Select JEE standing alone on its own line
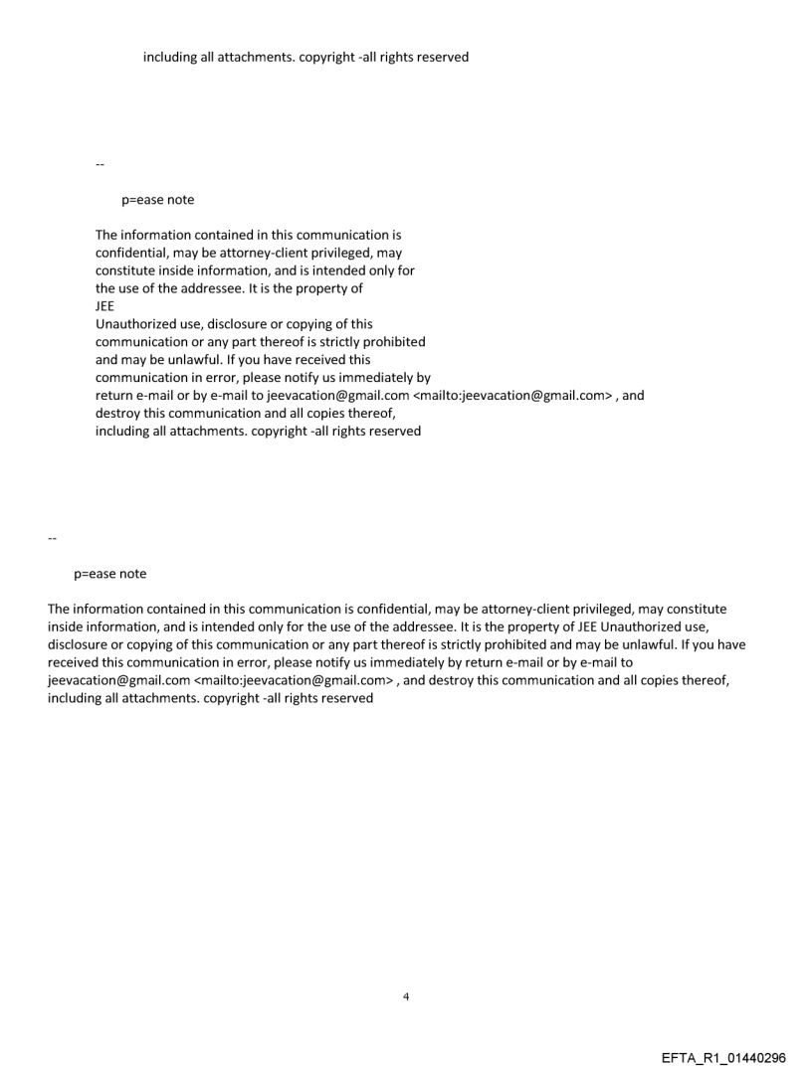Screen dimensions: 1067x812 [104, 306]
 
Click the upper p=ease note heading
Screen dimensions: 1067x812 [158, 200]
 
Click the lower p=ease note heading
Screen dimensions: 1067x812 [109, 574]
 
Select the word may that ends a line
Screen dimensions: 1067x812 [390, 253]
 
